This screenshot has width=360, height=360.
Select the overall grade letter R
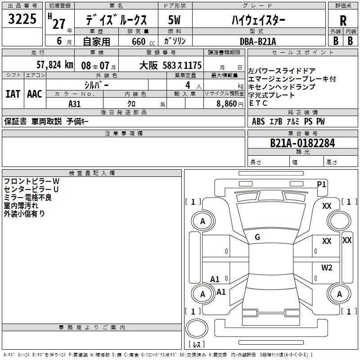point(343,21)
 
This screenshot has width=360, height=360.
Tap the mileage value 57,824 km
point(54,65)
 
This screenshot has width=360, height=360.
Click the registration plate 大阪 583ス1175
point(171,65)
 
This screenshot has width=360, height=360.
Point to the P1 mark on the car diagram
point(322,184)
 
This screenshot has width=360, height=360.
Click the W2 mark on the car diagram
point(327,268)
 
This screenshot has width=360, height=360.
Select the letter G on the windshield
point(257,237)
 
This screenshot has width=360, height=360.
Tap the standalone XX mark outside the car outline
point(347,240)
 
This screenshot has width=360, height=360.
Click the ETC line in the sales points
point(258,103)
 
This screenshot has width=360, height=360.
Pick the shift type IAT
point(13,94)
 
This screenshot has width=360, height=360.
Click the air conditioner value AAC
point(34,94)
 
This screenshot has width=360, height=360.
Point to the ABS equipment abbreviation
point(258,121)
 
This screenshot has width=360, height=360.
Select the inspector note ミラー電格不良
point(27,197)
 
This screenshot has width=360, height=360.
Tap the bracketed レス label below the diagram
point(197,345)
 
